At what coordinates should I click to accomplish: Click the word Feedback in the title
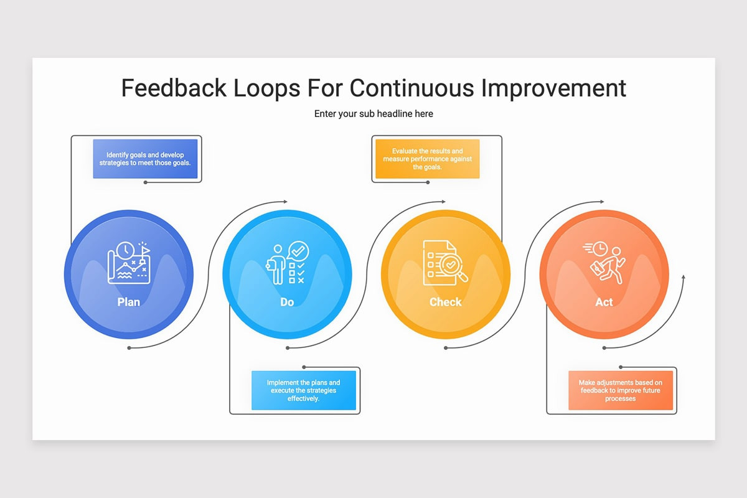174,88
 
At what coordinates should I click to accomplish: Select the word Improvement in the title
553,89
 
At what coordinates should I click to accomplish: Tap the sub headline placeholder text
374,114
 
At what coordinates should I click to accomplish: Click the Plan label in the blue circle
128,302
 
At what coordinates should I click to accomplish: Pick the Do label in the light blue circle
287,302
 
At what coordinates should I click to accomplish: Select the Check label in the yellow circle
445,302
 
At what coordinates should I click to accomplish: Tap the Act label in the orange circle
604,302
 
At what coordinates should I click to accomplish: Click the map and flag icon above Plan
129,263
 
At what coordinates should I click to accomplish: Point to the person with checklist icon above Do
287,263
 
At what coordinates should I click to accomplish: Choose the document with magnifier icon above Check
445,263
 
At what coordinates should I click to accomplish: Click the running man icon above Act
604,263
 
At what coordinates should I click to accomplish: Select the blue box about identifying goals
145,159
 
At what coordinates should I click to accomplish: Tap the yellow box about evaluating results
428,159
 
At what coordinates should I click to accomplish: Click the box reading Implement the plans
304,390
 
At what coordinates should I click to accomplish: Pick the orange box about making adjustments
621,390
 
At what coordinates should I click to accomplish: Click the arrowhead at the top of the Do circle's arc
286,202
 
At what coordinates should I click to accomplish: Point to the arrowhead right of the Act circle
684,277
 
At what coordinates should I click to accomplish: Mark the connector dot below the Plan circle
129,348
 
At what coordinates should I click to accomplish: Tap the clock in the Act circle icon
599,249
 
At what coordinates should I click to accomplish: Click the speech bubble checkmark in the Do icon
298,251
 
